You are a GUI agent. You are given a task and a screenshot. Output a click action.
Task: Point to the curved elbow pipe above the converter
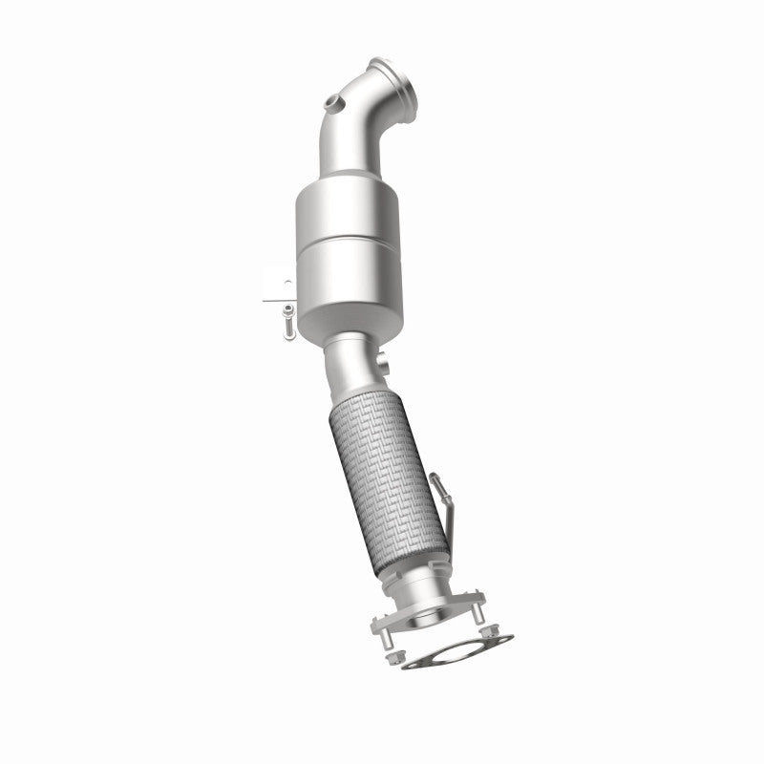[359, 134]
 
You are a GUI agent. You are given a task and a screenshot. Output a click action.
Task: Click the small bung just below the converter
[382, 364]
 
